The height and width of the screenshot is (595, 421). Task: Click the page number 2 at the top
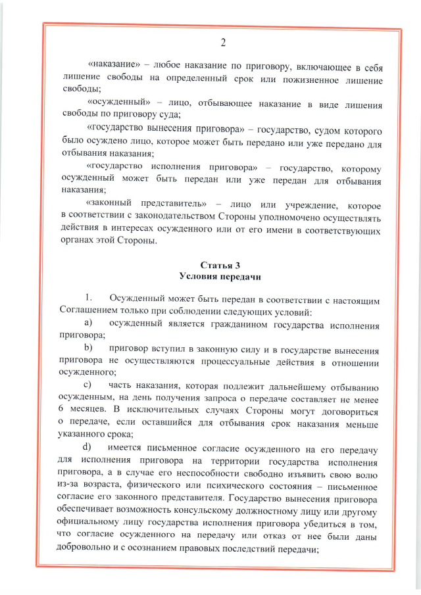(222, 43)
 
